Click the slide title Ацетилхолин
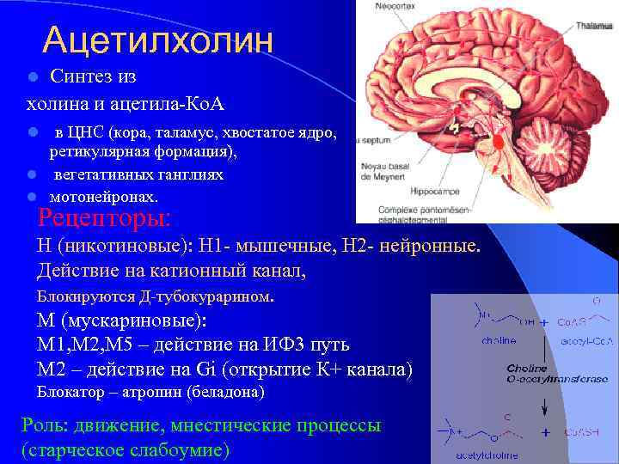(x=158, y=39)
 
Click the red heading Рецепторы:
(x=105, y=216)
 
